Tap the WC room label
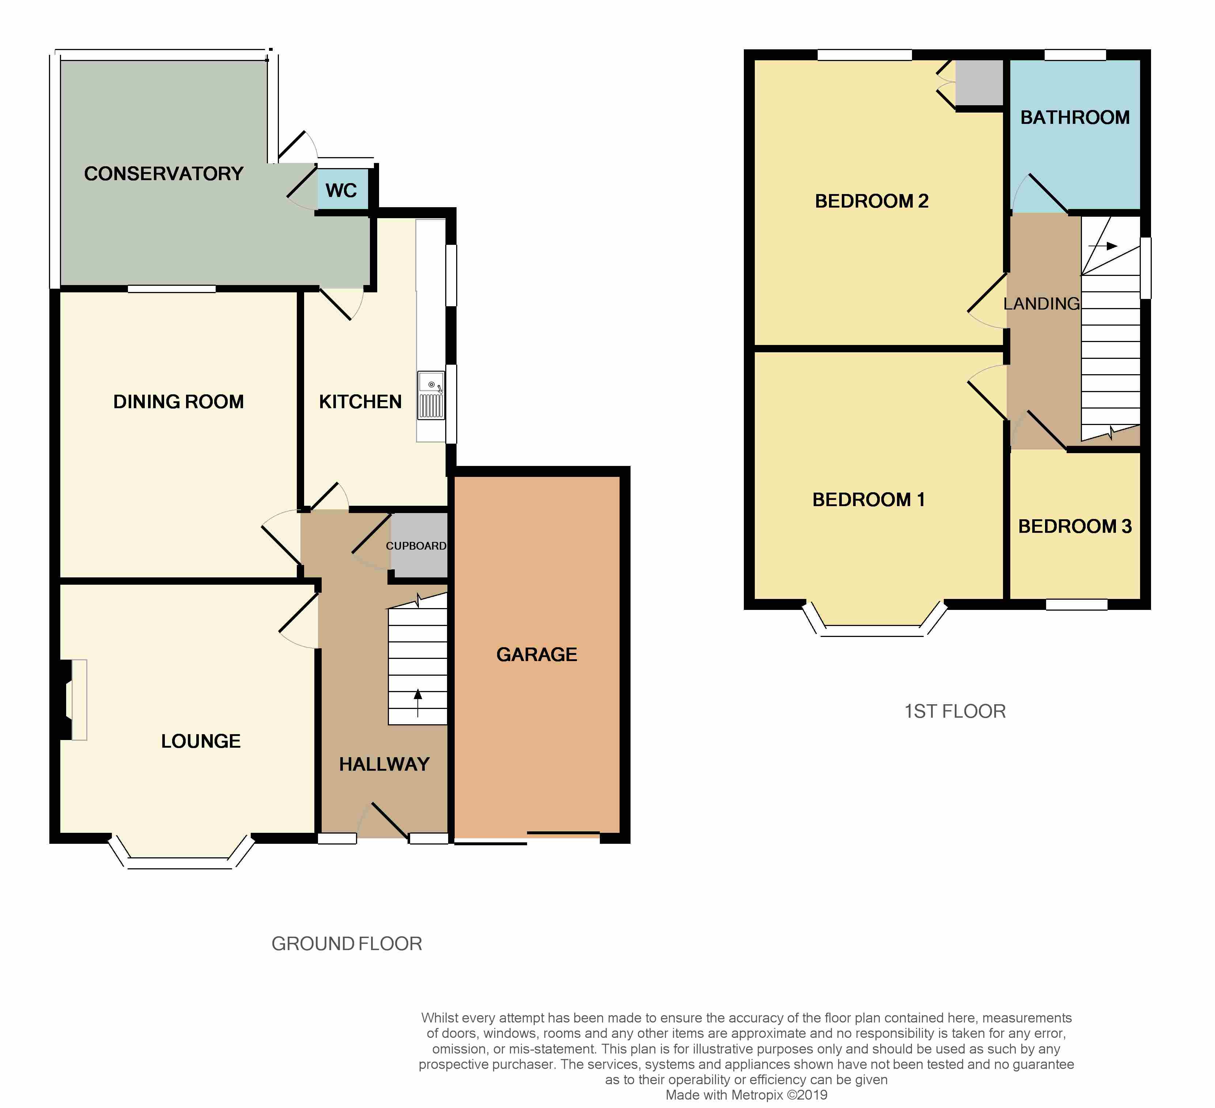tap(341, 190)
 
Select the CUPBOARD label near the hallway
tap(416, 546)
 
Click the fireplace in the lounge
tap(73, 699)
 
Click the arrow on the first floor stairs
tap(1103, 246)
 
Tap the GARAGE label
tap(536, 654)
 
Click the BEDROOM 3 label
tap(1075, 526)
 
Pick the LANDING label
tap(1041, 304)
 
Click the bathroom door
tap(1048, 193)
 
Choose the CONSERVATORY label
tap(163, 174)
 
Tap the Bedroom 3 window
tap(1076, 604)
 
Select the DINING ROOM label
tap(178, 402)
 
